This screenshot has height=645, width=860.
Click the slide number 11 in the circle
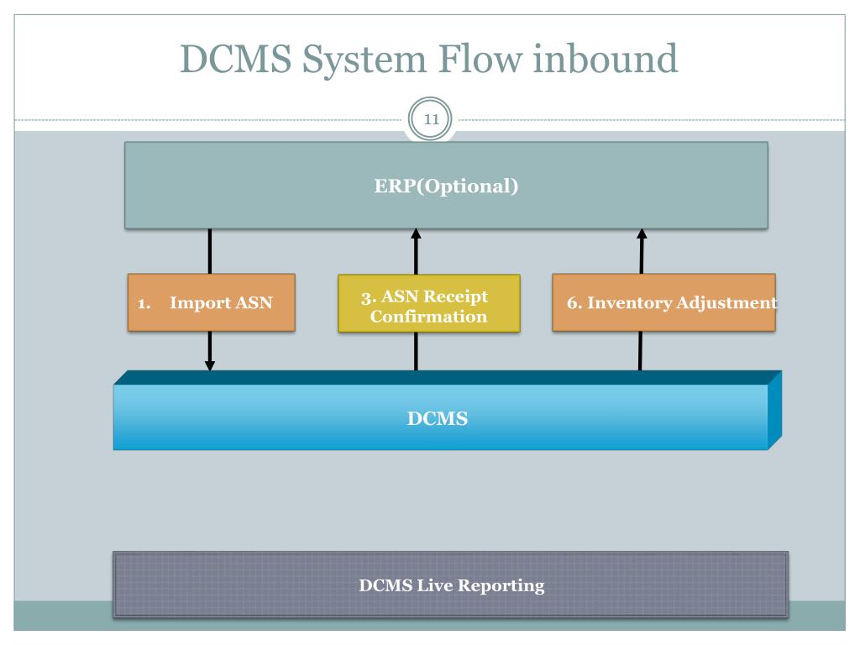click(x=431, y=119)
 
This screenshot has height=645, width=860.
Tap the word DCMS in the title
click(x=236, y=59)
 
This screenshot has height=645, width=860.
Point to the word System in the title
click(x=364, y=60)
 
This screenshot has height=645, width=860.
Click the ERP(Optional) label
click(x=446, y=186)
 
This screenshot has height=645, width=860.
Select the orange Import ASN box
click(x=211, y=302)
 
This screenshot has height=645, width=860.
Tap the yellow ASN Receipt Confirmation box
click(x=429, y=303)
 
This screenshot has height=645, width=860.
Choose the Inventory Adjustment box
click(x=663, y=302)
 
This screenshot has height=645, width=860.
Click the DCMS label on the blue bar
click(x=437, y=418)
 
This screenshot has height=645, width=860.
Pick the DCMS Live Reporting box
click(x=451, y=585)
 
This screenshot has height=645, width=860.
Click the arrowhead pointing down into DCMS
click(x=209, y=364)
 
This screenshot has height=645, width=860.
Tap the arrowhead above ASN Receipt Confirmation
click(x=416, y=234)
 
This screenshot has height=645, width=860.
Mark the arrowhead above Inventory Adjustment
click(x=642, y=234)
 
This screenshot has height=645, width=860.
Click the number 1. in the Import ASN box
click(x=144, y=303)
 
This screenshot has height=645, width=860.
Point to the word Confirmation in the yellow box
click(x=428, y=317)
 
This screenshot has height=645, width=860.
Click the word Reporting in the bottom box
click(x=501, y=585)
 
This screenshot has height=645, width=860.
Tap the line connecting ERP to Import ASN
click(x=209, y=251)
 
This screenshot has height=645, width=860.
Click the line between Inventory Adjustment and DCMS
click(x=640, y=351)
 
